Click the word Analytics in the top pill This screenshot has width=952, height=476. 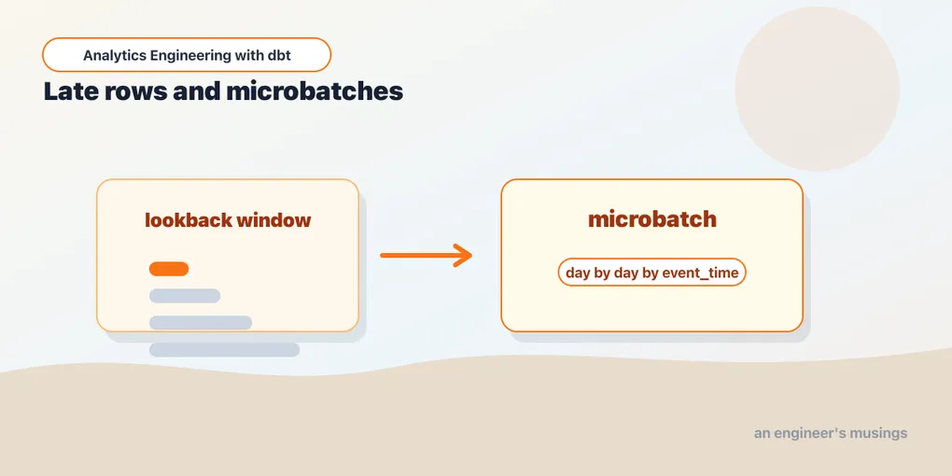114,56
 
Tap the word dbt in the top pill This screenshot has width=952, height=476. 279,55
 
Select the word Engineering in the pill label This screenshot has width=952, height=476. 189,56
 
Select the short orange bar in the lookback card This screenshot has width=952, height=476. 169,269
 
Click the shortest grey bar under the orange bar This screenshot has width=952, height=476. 185,296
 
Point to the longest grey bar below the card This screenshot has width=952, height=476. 224,350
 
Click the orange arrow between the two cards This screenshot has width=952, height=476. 427,256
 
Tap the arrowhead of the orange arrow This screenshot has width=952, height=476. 463,256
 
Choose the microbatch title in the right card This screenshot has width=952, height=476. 652,219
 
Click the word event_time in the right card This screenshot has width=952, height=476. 700,273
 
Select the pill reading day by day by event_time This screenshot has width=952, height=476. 651,273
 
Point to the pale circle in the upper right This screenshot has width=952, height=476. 818,89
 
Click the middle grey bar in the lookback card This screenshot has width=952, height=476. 201,322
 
